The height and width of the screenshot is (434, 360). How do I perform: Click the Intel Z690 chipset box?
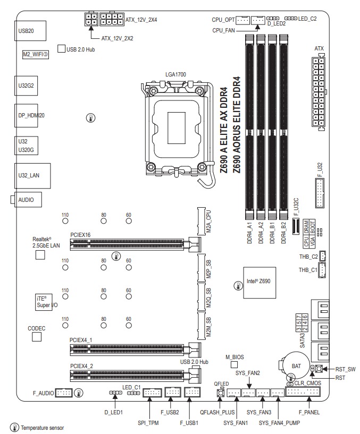pyautogui.click(x=259, y=282)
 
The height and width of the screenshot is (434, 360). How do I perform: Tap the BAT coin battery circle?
pyautogui.click(x=296, y=366)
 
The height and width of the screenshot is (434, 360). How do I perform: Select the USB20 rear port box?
pyautogui.click(x=30, y=31)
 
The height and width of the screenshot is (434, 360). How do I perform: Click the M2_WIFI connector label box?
pyautogui.click(x=36, y=55)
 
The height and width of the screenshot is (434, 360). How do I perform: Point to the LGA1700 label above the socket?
pyautogui.click(x=175, y=74)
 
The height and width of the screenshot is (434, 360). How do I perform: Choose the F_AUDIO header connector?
pyautogui.click(x=64, y=393)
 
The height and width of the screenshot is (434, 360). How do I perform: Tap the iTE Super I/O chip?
pyautogui.click(x=46, y=302)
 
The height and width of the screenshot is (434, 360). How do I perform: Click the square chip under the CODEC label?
pyautogui.click(x=37, y=337)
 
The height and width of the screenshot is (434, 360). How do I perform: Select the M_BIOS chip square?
pyautogui.click(x=234, y=365)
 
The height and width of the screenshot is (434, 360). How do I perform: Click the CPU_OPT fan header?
pyautogui.click(x=243, y=20)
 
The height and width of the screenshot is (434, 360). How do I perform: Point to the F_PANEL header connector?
pyautogui.click(x=303, y=392)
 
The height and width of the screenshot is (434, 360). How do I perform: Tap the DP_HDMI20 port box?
pyautogui.click(x=26, y=115)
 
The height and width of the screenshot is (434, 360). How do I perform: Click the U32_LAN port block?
pyautogui.click(x=32, y=176)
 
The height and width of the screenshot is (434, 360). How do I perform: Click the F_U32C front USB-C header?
pyautogui.click(x=296, y=226)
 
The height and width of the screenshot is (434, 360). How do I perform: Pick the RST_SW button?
pyautogui.click(x=319, y=369)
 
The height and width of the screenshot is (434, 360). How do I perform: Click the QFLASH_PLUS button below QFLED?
pyautogui.click(x=221, y=393)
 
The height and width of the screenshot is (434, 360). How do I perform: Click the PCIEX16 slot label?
pyautogui.click(x=80, y=235)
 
